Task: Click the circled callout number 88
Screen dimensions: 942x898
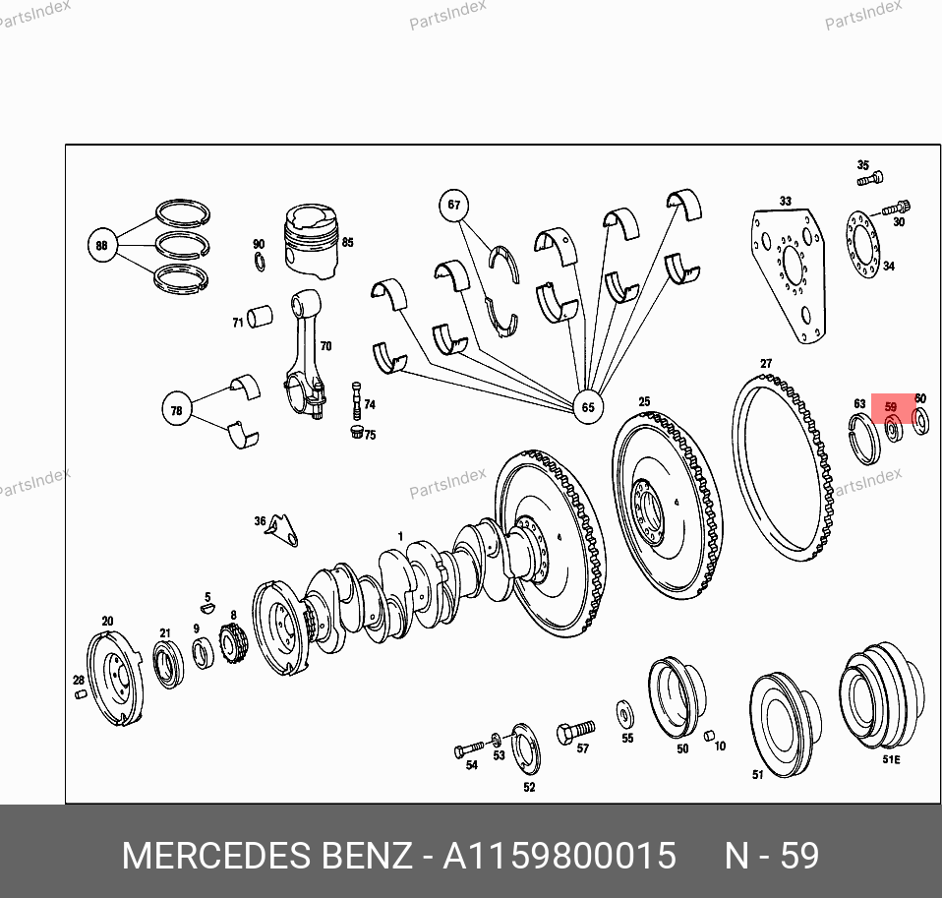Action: [102, 245]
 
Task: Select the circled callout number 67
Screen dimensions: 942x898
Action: [453, 205]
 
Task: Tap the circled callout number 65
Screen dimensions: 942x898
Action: [588, 407]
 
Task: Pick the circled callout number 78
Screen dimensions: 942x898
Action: [177, 409]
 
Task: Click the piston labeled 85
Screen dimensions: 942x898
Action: [311, 241]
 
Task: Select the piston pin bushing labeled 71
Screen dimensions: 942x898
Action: [260, 316]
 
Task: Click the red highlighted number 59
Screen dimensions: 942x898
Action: [890, 407]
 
